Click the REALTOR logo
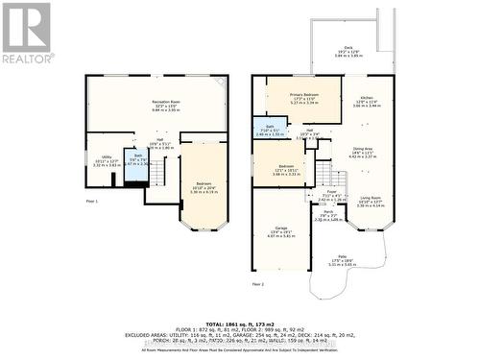coord(27,33)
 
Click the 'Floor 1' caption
coord(93,202)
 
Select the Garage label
coord(280,230)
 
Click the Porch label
coord(328,214)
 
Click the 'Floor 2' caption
coord(258,285)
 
